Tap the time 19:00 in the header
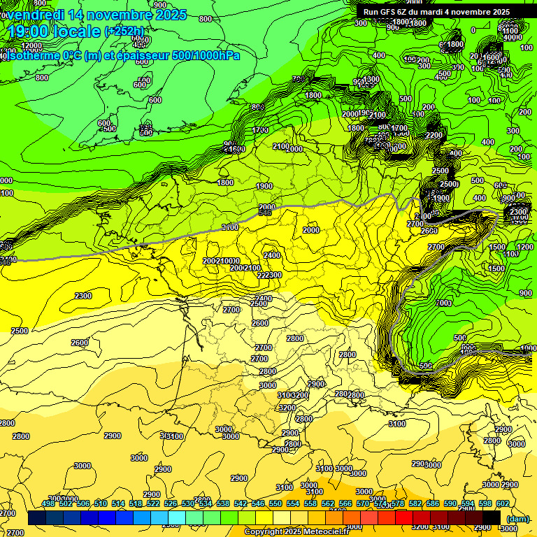(29, 31)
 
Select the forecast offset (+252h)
(125, 31)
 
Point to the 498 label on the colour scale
(48, 503)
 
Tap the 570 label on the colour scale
(363, 503)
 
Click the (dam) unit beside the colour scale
(517, 519)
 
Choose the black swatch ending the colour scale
(492, 518)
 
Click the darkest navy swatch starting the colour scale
(36, 518)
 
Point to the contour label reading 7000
(443, 303)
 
